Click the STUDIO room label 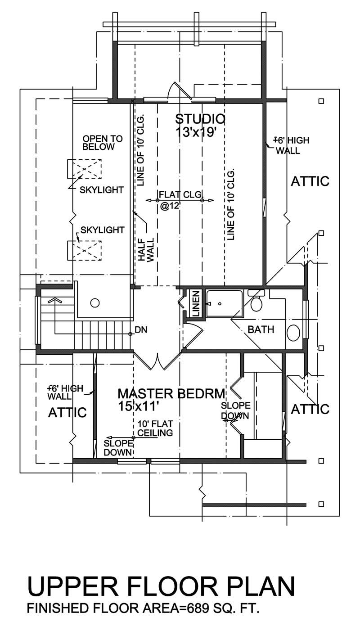200,119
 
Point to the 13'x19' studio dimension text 200,132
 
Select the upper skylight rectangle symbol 85,169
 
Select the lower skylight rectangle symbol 85,250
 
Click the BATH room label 261,329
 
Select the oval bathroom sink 293,334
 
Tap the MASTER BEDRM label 171,394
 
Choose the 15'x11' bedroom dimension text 139,406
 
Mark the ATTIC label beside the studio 310,181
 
